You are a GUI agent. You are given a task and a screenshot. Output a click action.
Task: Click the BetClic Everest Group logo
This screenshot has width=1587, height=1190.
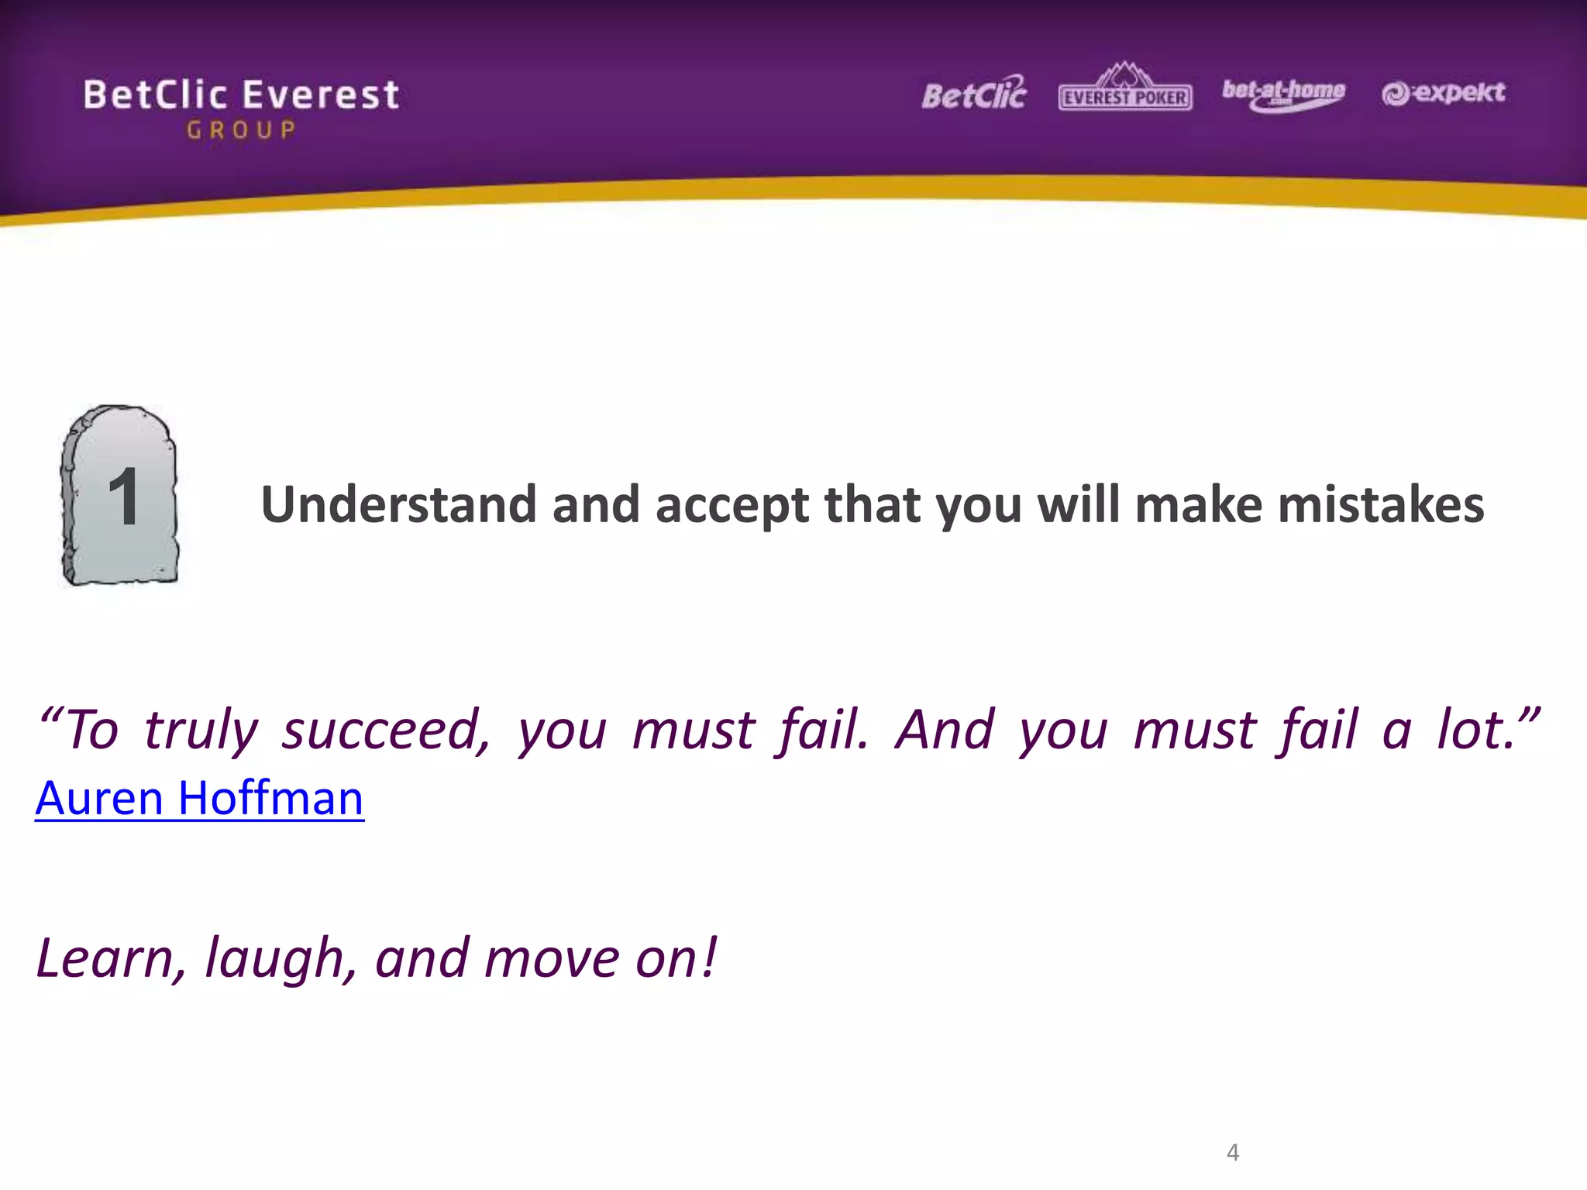(x=241, y=107)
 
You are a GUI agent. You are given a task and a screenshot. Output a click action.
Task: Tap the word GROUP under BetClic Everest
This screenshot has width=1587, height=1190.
(x=241, y=130)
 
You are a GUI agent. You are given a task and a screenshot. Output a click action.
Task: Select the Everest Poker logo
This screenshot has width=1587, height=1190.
(x=1125, y=90)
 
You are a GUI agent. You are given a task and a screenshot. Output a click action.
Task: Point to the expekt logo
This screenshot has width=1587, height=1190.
(x=1443, y=93)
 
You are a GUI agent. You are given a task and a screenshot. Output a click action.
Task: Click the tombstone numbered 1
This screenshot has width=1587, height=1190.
(x=120, y=496)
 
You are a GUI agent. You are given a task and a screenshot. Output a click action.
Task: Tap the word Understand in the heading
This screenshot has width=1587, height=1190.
(x=398, y=504)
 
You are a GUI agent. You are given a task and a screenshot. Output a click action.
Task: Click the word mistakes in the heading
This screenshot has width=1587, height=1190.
(x=1380, y=504)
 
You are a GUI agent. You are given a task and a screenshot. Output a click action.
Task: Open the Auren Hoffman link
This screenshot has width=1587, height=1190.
(x=199, y=798)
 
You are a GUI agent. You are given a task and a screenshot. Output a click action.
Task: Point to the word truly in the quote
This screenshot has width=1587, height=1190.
(x=201, y=731)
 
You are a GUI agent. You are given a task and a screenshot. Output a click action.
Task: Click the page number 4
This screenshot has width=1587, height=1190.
(x=1233, y=1152)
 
